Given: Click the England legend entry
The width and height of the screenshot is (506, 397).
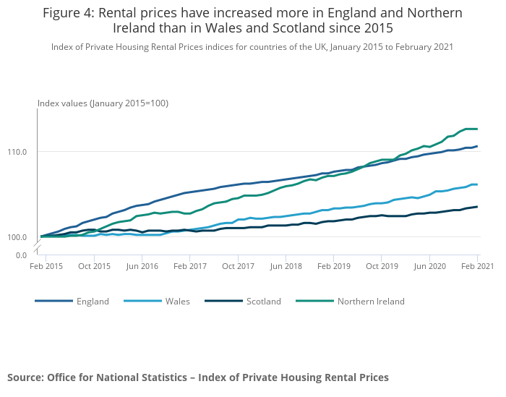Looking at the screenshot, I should point(93,302).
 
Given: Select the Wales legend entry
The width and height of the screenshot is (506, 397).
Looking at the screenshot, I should point(177,302).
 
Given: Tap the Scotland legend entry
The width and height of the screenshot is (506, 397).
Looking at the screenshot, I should point(263,302).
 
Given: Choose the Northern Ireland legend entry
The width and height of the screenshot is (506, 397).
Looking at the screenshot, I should point(371,302).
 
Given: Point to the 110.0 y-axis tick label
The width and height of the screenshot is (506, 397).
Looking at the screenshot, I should point(17,152).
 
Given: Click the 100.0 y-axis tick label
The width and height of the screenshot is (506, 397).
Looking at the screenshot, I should point(17,237).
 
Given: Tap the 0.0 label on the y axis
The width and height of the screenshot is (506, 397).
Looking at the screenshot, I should point(22,255).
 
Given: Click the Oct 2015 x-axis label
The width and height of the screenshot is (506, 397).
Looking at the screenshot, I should point(95,267).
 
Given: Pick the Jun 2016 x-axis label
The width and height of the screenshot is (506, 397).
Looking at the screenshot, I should point(142,267).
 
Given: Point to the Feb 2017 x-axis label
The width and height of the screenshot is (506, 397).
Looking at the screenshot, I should point(189,267).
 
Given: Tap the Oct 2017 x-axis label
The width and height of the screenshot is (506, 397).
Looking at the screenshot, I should point(238,267).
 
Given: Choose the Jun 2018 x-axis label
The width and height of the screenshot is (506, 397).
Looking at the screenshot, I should point(286,267).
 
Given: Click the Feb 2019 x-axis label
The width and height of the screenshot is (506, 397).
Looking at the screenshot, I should point(333,267).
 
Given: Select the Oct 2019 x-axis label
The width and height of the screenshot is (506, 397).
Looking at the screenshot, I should point(382,267).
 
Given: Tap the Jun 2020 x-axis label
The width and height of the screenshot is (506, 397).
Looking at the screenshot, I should point(429,267).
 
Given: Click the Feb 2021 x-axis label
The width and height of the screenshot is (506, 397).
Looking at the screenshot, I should point(477,267).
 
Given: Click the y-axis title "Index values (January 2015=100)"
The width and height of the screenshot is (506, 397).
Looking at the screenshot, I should point(103,103).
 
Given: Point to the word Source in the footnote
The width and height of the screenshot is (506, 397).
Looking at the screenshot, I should point(25,377).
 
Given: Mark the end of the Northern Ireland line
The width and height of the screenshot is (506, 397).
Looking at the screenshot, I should point(477,129).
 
